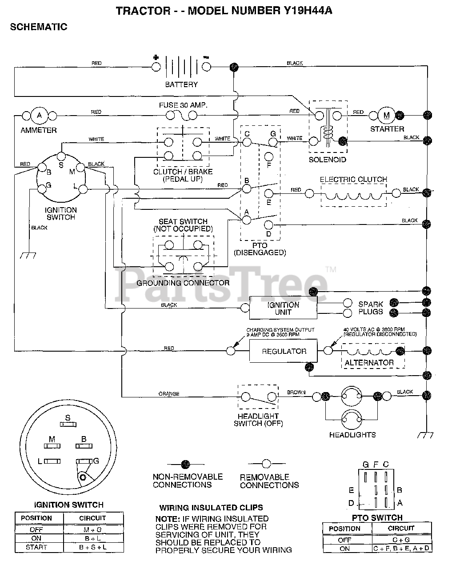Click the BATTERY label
pos(181,84)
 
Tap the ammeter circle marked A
pos(40,116)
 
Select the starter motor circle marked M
pos(387,115)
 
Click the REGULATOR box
pos(284,351)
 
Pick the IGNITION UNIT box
pos(283,308)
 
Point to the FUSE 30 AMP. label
pos(183,105)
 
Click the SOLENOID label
pos(328,160)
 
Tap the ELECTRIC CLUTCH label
pos(353,179)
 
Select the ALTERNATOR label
pos(369,362)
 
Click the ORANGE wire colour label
pos(169,394)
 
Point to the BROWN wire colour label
pos(296,393)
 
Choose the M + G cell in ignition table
pos(93,529)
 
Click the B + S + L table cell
pos(93,547)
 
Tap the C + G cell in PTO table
pos(401,540)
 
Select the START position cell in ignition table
pos(36,547)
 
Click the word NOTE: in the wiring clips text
pos(168,519)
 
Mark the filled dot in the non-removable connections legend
pos(186,464)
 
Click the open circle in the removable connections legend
pos(266,464)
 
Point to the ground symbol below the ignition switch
pos(28,256)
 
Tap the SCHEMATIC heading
pos(39,27)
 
